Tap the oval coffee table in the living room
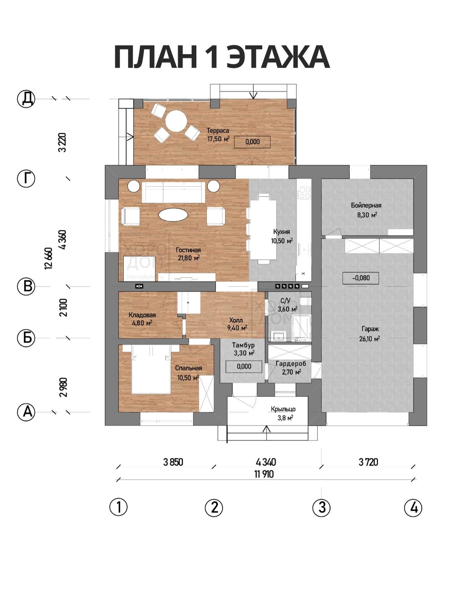173,215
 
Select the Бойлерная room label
366,205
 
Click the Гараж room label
370,329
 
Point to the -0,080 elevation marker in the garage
361,278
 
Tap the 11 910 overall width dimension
264,474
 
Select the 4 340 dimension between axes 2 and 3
266,462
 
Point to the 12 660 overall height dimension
49,259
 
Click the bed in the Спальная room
151,370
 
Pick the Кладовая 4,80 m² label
142,319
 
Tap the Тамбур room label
244,345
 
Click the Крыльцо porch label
283,409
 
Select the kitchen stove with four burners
304,192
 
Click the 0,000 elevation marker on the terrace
253,142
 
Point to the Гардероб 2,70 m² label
291,367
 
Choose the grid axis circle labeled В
26,286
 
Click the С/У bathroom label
285,301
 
